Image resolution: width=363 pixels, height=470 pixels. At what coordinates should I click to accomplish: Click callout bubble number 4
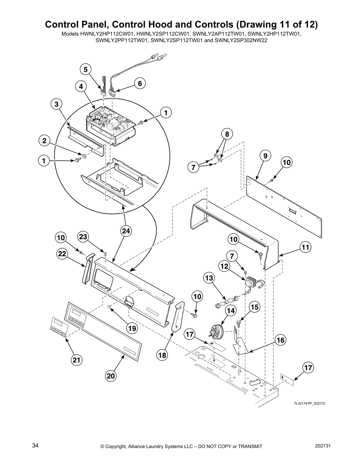point(81,86)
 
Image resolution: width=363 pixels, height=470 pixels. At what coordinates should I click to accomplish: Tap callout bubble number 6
point(140,84)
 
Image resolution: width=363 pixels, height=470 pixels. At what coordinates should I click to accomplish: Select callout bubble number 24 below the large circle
point(126,231)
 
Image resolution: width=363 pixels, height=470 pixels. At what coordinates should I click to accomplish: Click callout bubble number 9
point(265,155)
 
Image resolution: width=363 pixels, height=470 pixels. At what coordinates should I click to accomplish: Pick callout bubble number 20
point(111,376)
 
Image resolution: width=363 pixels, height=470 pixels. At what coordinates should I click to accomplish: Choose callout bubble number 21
point(77,360)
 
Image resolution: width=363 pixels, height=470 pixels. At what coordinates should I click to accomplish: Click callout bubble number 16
point(281,340)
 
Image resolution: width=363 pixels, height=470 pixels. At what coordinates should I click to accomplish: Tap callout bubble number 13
point(209,278)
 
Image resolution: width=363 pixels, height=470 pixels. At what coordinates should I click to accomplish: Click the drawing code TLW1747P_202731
point(308,404)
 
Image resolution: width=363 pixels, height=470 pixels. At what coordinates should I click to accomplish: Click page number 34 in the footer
point(35,446)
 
